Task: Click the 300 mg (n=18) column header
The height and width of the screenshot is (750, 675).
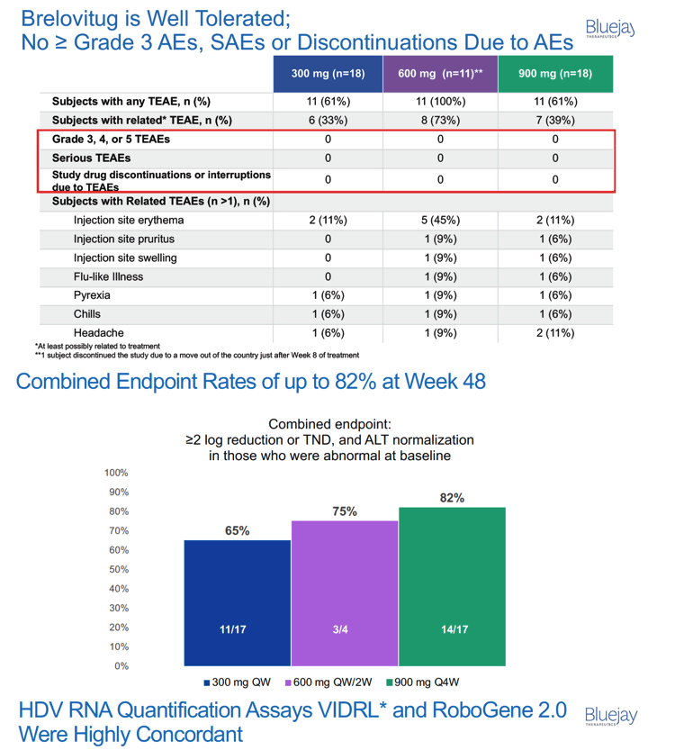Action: pyautogui.click(x=328, y=74)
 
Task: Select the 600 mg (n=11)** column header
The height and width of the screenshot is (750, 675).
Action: pyautogui.click(x=440, y=74)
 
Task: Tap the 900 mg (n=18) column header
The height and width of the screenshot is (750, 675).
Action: pyautogui.click(x=555, y=74)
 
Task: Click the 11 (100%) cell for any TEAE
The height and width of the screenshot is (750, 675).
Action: pyautogui.click(x=440, y=102)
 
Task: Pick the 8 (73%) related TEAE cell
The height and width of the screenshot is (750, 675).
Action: pyautogui.click(x=440, y=120)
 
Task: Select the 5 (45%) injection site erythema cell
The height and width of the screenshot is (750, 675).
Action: pyautogui.click(x=440, y=220)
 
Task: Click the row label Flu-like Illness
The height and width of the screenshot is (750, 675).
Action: pyautogui.click(x=109, y=276)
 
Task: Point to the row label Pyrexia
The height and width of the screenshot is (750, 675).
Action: pyautogui.click(x=92, y=295)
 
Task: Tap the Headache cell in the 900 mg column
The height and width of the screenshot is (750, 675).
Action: pyautogui.click(x=555, y=333)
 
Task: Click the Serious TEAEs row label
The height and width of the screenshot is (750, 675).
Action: pyautogui.click(x=91, y=158)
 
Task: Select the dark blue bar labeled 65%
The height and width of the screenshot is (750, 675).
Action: pyautogui.click(x=237, y=602)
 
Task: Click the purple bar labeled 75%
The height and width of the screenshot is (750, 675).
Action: pyautogui.click(x=345, y=593)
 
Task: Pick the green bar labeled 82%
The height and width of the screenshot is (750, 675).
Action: pyautogui.click(x=452, y=586)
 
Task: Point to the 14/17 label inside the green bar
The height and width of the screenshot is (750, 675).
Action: pyautogui.click(x=454, y=629)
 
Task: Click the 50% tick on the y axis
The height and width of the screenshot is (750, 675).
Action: pyautogui.click(x=119, y=569)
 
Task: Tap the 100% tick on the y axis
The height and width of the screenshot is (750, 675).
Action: pyautogui.click(x=117, y=473)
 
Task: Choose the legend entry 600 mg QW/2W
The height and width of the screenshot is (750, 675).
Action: pyautogui.click(x=328, y=682)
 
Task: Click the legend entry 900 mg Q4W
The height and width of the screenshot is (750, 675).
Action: pyautogui.click(x=423, y=682)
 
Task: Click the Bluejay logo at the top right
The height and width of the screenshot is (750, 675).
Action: pyautogui.click(x=610, y=28)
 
